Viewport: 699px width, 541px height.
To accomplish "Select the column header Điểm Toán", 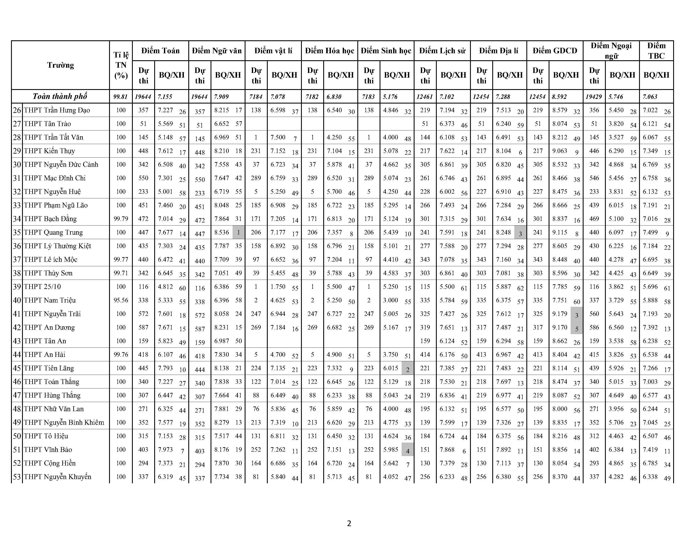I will coord(160,51).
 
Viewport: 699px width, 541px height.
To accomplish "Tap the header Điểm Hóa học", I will coord(329,51).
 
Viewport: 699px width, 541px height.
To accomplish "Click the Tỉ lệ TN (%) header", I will coord(121,65).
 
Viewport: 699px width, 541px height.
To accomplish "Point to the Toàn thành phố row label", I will coord(60,97).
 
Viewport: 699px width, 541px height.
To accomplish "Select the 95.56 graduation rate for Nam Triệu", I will coord(121,300).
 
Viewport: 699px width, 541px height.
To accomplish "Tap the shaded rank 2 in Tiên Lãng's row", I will coord(407,369).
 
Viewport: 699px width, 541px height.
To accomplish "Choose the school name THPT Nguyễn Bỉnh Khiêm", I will coord(64,422).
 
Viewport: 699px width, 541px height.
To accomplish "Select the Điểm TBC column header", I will coord(656,51).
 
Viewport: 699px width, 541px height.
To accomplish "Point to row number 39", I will coord(17,287).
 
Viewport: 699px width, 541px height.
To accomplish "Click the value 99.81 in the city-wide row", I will coord(121,97).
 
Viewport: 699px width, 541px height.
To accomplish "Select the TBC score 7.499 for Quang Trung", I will coord(650,232).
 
